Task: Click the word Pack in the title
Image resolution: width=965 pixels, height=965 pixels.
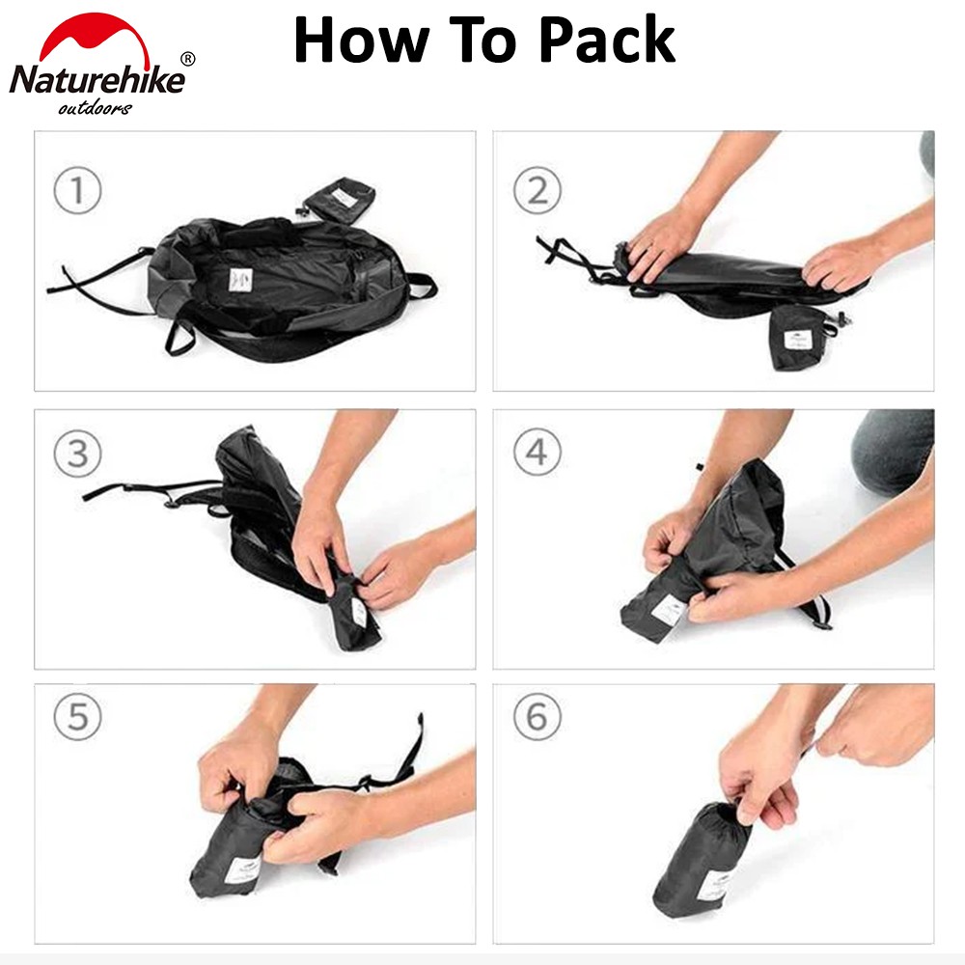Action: coord(607,40)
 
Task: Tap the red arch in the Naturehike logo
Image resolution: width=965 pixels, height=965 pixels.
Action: coord(95,40)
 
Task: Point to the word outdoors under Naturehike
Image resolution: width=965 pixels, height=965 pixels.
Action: coord(95,108)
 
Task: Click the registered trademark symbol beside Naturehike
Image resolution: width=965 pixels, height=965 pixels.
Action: coord(188,59)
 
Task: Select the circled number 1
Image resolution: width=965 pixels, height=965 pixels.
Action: coord(77,190)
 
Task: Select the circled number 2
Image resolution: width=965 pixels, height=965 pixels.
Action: coord(538,190)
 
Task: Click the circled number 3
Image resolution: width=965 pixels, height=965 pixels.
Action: coord(77,454)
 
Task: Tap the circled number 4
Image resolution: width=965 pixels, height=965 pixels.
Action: coord(538,453)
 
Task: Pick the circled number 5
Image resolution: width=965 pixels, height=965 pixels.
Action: coord(77,716)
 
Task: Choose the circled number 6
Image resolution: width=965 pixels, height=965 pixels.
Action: coord(538,716)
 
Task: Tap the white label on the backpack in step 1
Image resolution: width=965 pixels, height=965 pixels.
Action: coord(240,281)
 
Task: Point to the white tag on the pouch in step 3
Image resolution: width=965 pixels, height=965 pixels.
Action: coord(360,613)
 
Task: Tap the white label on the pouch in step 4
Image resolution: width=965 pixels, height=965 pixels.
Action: coord(669,610)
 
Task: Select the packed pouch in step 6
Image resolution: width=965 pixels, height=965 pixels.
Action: coord(703,861)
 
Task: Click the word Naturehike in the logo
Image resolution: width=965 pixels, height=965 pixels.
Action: coord(97,79)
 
